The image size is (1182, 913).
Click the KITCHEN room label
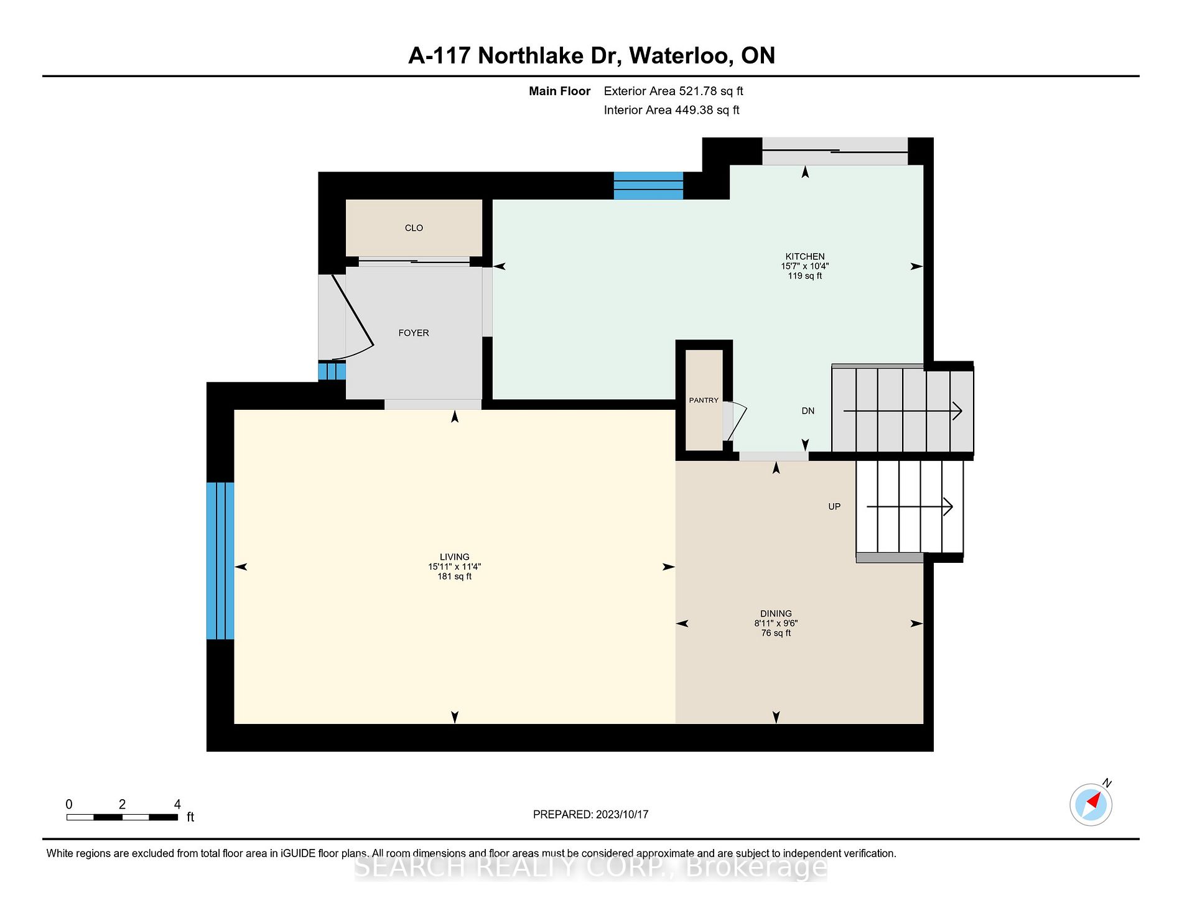805,256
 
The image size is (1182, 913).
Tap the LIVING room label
454,557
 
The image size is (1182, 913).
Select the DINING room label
776,613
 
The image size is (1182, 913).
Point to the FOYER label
414,333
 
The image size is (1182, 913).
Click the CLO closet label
414,228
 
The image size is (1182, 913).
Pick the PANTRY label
704,400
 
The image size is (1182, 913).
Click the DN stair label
807,410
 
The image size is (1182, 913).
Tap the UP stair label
834,506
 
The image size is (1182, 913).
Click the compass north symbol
1091,804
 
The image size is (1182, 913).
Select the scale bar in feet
123,817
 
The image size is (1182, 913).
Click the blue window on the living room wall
220,561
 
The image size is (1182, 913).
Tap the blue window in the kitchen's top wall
648,185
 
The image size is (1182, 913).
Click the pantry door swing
735,422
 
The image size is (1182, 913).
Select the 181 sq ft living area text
454,577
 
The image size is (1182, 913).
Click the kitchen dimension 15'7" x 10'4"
805,266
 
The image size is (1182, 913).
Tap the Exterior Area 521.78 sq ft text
673,91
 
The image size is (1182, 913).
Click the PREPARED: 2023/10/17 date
590,814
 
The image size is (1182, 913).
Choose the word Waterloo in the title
681,56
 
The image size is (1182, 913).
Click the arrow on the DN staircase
903,410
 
